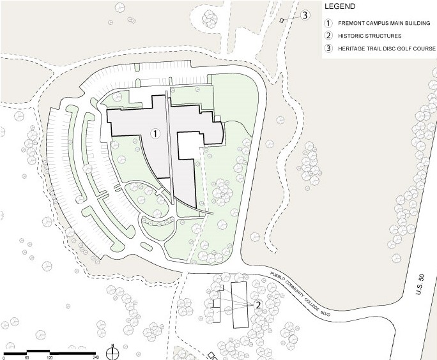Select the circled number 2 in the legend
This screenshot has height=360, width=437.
click(329, 36)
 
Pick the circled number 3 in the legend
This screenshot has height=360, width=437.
click(329, 49)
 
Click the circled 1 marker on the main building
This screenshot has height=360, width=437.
click(154, 133)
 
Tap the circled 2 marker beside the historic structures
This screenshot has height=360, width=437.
click(258, 304)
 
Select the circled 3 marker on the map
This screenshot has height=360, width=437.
click(305, 15)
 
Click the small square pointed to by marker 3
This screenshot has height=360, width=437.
click(281, 21)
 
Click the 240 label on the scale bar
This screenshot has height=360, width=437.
click(95, 357)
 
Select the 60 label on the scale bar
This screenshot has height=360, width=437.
click(27, 357)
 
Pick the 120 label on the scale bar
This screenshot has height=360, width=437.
click(49, 357)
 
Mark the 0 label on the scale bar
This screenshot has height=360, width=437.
click(4, 357)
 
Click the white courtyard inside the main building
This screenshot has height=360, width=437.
click(190, 146)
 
